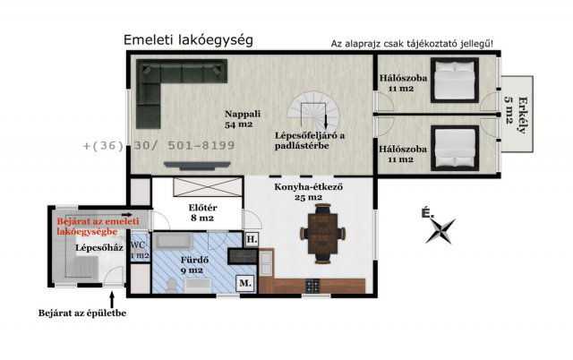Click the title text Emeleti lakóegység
[x=188, y=40]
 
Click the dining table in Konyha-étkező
[x=320, y=231]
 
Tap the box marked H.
[x=252, y=240]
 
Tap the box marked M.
[x=244, y=285]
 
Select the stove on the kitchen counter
[x=313, y=287]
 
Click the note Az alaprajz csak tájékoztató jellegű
[x=411, y=44]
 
